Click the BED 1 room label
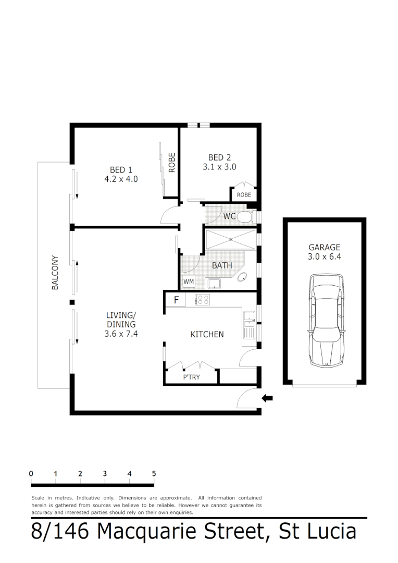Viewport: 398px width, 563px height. pos(121,170)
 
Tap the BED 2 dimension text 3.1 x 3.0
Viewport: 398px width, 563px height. pos(219,167)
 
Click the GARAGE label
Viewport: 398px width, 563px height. pos(324,247)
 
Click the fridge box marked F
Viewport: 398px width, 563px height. pos(176,300)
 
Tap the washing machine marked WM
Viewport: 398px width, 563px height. pos(188,282)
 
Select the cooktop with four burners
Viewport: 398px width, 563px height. pos(202,300)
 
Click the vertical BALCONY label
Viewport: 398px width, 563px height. pos(55,273)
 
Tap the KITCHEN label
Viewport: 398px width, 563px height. pos(207,334)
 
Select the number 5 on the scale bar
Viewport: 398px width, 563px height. pos(154,473)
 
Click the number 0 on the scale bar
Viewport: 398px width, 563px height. pos(31,473)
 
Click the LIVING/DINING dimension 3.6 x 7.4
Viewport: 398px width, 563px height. pos(121,334)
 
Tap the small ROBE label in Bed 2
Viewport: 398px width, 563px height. pos(244,194)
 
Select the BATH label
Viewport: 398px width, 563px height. pos(222,265)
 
